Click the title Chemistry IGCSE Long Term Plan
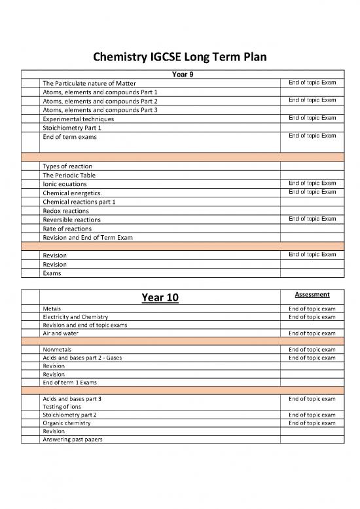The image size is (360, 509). [180, 58]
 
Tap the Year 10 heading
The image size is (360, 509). [160, 298]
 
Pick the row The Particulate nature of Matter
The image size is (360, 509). [88, 84]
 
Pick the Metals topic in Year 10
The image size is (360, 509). [52, 308]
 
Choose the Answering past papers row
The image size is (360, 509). [72, 440]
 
